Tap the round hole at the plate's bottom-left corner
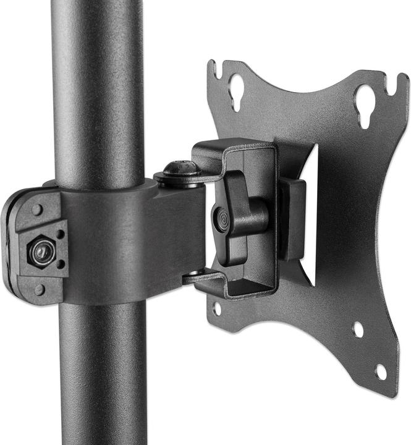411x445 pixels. point(217,308)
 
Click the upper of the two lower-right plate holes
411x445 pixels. point(357,329)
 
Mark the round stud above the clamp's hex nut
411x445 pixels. point(37,210)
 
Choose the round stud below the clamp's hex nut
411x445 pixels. point(40,289)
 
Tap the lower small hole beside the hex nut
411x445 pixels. point(61,264)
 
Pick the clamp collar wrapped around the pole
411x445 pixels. point(111,241)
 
